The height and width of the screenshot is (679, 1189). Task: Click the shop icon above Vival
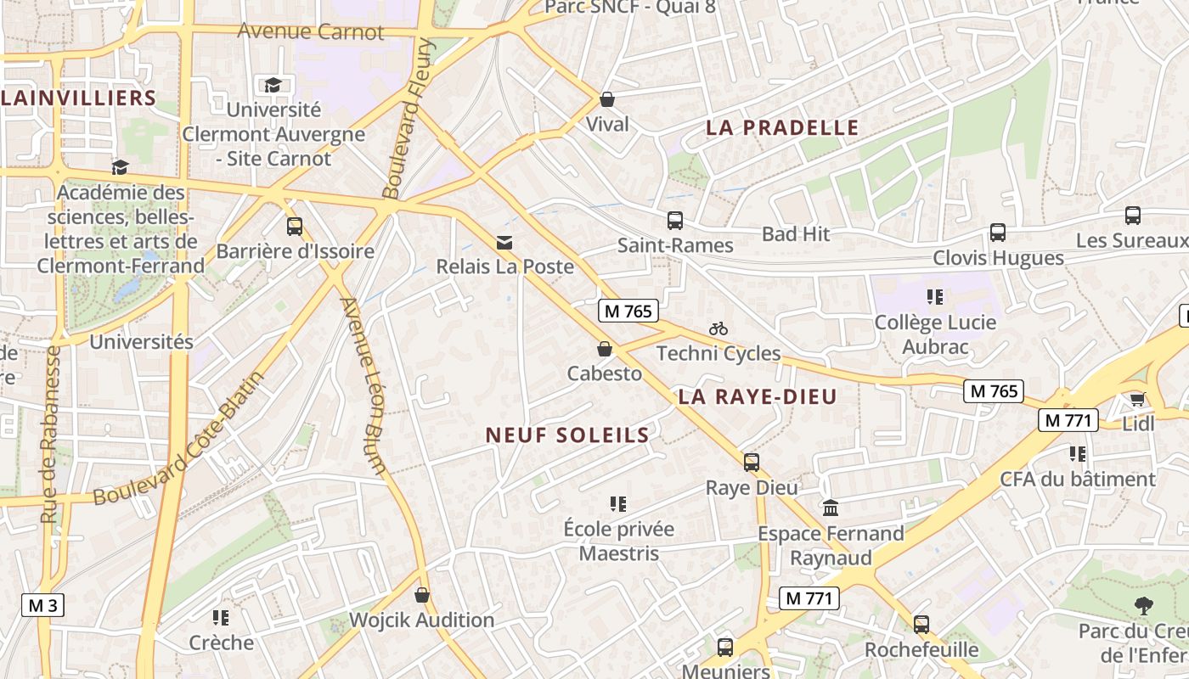coord(606,99)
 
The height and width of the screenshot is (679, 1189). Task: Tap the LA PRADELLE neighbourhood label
coord(782,128)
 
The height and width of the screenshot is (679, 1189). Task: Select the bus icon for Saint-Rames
coord(675,221)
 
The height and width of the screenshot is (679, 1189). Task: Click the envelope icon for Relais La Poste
coord(504,243)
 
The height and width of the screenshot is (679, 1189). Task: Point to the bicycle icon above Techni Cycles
coord(718,328)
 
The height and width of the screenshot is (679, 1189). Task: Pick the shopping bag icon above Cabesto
coord(604,349)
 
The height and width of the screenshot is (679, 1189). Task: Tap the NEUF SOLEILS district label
coord(567,435)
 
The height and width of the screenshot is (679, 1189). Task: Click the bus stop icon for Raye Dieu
coord(752,463)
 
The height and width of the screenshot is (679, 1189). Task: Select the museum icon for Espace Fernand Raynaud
coord(831,508)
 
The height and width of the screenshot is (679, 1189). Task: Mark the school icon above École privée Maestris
coord(617,504)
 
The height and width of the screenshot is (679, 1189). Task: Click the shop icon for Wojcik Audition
coord(422,596)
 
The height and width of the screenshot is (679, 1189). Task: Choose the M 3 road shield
coord(42,605)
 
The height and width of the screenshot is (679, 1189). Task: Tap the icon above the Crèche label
coord(221,618)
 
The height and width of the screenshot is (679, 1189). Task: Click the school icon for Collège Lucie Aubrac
coord(935,297)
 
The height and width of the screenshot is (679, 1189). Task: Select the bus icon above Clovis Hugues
coord(998,233)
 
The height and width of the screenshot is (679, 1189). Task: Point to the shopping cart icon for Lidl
coord(1137,399)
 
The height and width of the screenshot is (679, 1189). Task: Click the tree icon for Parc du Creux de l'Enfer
coord(1143,606)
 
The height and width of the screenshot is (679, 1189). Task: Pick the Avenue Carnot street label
coord(311,32)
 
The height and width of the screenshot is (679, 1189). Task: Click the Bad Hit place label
coord(796,234)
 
